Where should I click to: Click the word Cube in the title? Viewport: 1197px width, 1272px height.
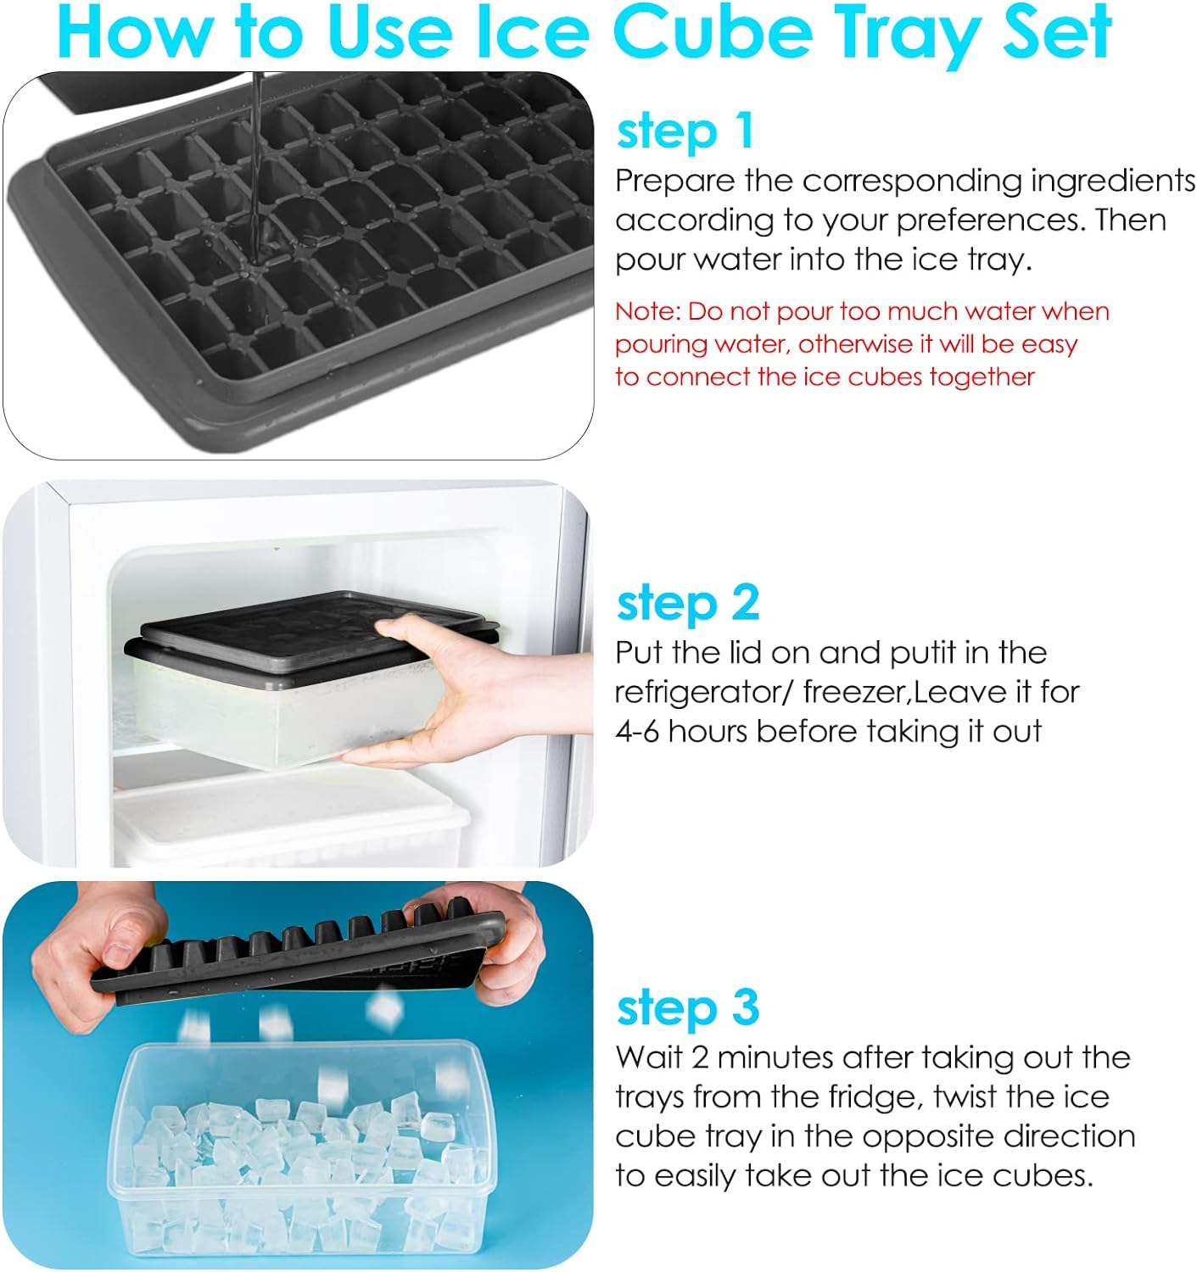(713, 32)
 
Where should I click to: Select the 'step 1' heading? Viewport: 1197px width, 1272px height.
(685, 131)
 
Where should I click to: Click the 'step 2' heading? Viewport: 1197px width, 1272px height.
(688, 603)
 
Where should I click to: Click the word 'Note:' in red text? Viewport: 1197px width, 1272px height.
(647, 312)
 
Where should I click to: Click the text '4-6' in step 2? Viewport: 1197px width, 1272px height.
(637, 732)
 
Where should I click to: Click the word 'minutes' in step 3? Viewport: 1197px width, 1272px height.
(774, 1057)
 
